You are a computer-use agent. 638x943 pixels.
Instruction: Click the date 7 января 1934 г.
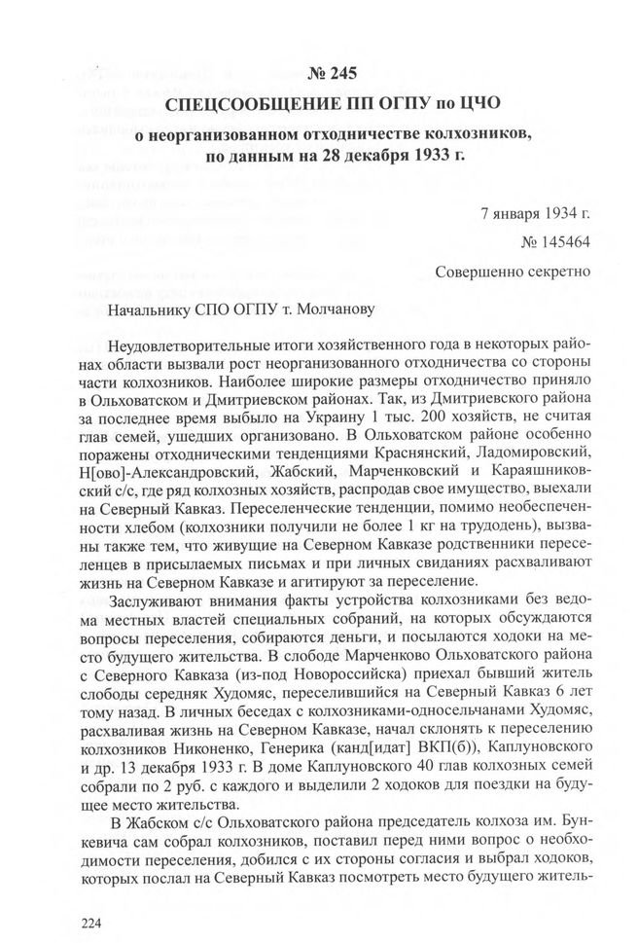click(535, 211)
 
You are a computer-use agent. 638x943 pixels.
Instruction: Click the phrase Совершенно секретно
click(514, 272)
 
